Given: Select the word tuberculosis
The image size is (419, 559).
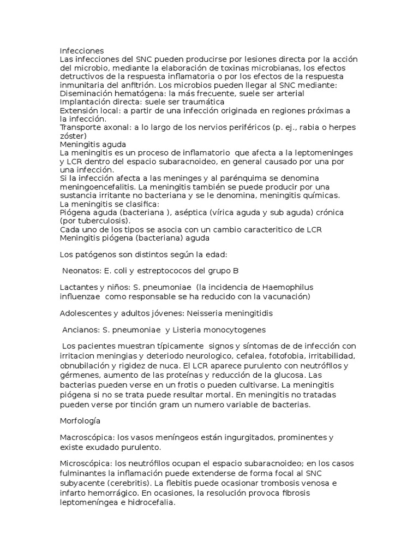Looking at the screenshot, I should tap(102, 221).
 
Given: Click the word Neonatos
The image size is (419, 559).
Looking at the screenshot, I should tap(80, 271).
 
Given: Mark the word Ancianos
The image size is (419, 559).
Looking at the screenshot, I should tap(80, 330).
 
